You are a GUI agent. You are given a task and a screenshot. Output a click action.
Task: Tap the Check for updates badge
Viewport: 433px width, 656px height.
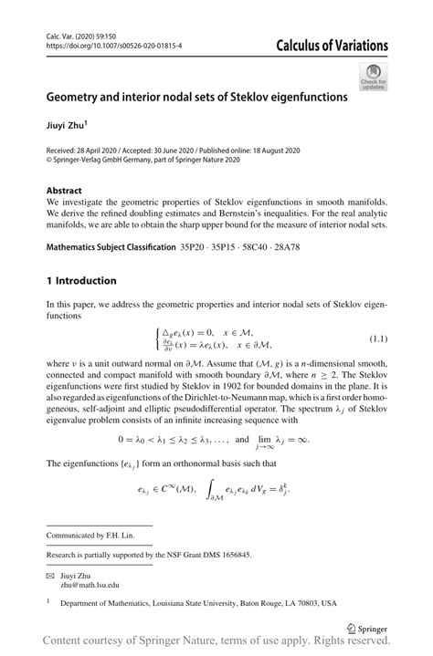pyautogui.click(x=373, y=76)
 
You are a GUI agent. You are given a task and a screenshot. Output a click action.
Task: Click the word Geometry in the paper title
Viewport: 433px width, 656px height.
pyautogui.click(x=83, y=95)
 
